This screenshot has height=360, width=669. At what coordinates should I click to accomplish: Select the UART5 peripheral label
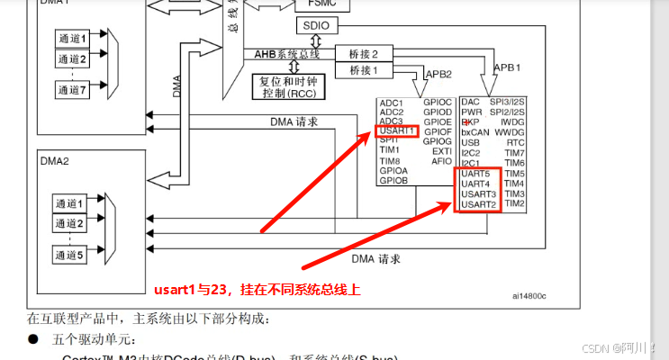pyautogui.click(x=475, y=173)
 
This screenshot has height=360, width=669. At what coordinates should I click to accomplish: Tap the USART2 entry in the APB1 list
pyautogui.click(x=478, y=205)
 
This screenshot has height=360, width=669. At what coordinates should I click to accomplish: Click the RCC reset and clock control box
pyautogui.click(x=287, y=85)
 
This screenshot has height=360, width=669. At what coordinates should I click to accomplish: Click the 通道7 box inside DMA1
pyautogui.click(x=71, y=90)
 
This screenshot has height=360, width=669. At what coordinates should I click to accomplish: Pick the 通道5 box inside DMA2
pyautogui.click(x=71, y=255)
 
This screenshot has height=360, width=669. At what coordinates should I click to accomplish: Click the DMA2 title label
pyautogui.click(x=54, y=159)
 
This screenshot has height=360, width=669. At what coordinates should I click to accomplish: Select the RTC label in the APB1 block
pyautogui.click(x=515, y=142)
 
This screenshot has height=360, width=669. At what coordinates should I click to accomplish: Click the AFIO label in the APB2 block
pyautogui.click(x=441, y=162)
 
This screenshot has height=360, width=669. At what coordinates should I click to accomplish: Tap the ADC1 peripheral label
pyautogui.click(x=392, y=102)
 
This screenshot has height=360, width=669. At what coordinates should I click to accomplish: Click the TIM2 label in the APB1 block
pyautogui.click(x=515, y=204)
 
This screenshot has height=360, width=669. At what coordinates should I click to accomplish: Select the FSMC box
pyautogui.click(x=321, y=4)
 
